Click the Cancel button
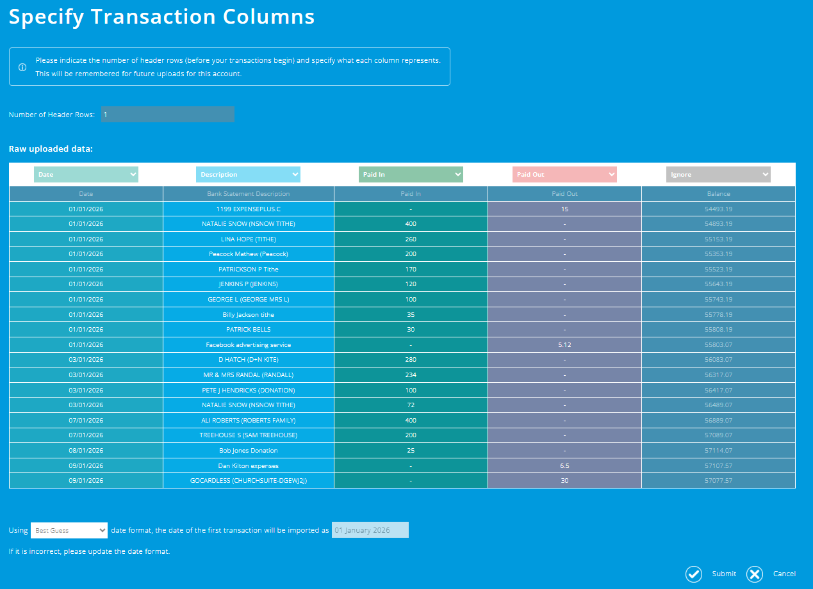[x=771, y=574]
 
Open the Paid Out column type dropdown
[x=564, y=174]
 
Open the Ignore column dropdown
[x=718, y=174]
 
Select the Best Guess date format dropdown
[x=69, y=530]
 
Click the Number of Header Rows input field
[x=167, y=115]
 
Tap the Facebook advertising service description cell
[x=249, y=344]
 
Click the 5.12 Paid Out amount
[x=564, y=344]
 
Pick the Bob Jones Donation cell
[x=249, y=451]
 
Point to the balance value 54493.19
[x=718, y=209]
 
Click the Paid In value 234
[x=411, y=375]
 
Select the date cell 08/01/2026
[x=86, y=451]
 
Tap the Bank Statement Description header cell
[x=249, y=193]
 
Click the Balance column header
[x=718, y=193]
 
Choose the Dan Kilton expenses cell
[x=249, y=465]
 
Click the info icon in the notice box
[x=22, y=67]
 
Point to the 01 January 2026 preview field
[x=370, y=530]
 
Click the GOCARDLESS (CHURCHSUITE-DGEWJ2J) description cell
[x=249, y=481]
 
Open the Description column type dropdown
[x=248, y=174]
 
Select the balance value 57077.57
[x=718, y=481]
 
